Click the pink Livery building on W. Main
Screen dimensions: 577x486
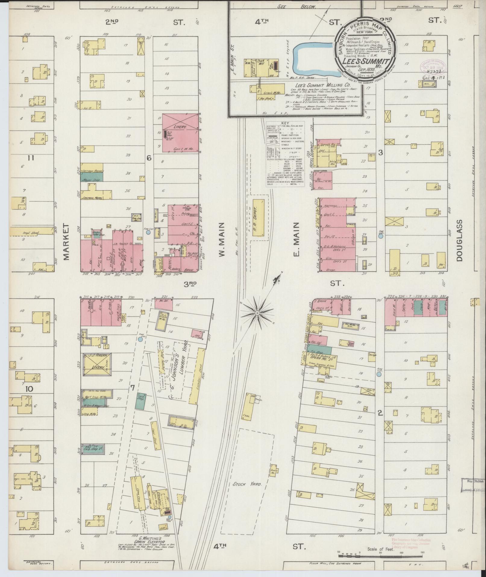coord(180,133)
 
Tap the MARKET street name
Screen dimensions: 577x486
coord(67,241)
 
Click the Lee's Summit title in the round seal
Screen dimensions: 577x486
coord(365,61)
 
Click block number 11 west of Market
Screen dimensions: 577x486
coord(31,157)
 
